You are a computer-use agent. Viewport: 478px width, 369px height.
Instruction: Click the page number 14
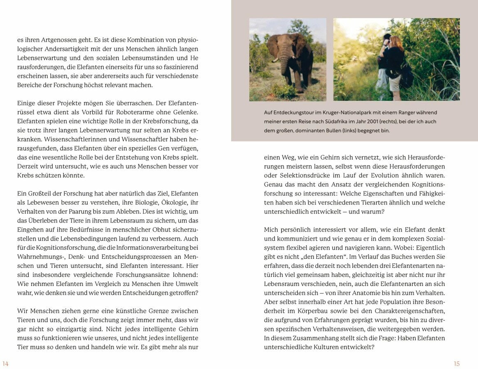point(5,364)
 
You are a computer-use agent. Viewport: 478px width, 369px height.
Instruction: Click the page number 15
point(457,364)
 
